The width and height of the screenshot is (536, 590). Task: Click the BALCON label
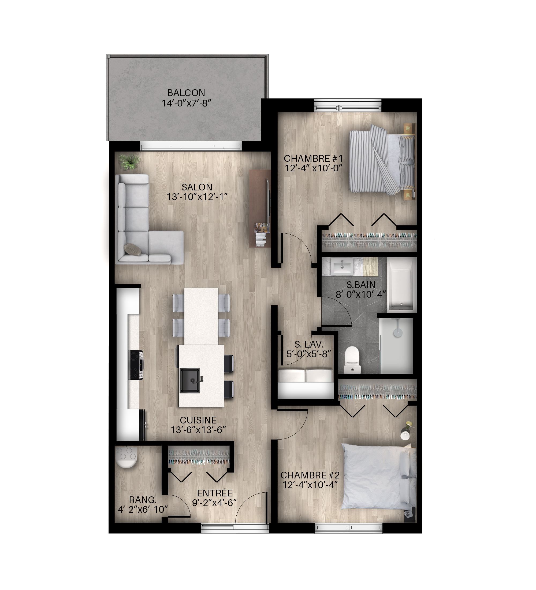(x=186, y=93)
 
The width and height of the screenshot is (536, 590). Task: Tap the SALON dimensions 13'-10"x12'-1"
(x=197, y=197)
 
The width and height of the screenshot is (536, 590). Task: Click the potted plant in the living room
(x=129, y=162)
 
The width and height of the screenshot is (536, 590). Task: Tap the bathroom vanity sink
(x=342, y=267)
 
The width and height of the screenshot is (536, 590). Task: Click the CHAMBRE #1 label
(x=313, y=158)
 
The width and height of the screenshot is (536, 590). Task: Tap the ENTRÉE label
(x=215, y=493)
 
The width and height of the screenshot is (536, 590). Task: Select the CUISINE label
(x=198, y=420)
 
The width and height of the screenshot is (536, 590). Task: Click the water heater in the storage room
(x=126, y=457)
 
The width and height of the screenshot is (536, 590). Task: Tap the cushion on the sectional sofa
(x=132, y=249)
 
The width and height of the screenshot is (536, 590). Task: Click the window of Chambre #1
(x=348, y=105)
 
